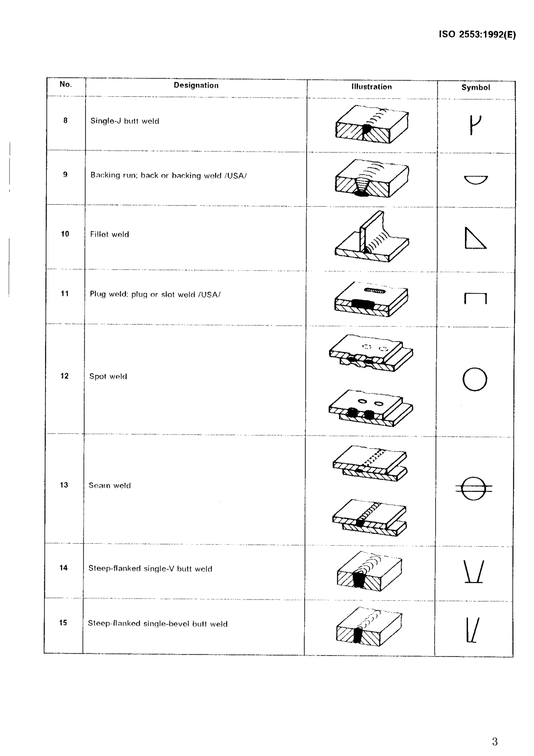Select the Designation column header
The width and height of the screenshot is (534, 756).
pyautogui.click(x=196, y=85)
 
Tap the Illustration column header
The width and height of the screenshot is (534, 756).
pyautogui.click(x=372, y=87)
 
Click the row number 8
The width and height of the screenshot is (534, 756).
pyautogui.click(x=65, y=121)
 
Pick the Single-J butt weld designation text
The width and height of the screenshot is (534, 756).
pyautogui.click(x=125, y=121)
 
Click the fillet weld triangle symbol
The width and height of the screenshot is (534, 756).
pyautogui.click(x=475, y=239)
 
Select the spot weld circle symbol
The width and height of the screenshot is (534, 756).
pyautogui.click(x=475, y=379)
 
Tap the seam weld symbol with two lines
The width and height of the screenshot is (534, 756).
pyautogui.click(x=474, y=488)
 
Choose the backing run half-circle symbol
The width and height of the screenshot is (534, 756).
pyautogui.click(x=476, y=180)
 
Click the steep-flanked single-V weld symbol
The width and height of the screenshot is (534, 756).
pyautogui.click(x=474, y=571)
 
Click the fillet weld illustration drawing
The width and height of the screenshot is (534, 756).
pyautogui.click(x=372, y=237)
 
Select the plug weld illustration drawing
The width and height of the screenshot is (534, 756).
pyautogui.click(x=371, y=299)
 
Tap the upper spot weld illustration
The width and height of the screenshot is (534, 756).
pyautogui.click(x=371, y=353)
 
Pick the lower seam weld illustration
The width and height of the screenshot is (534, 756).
pyautogui.click(x=369, y=517)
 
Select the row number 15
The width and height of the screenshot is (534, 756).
pyautogui.click(x=63, y=623)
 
